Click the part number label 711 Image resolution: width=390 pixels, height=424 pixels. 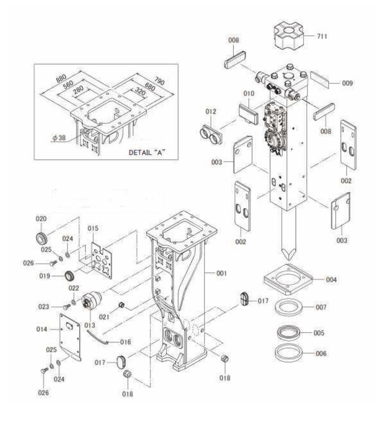[322, 36]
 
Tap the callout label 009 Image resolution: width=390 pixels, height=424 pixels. [347, 83]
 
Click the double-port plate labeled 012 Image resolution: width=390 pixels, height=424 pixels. [211, 134]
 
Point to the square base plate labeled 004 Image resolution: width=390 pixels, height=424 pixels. [288, 280]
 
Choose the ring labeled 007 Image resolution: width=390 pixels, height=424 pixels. [288, 307]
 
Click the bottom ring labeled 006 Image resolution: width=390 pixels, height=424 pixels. [288, 353]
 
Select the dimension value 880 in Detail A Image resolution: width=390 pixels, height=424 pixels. [61, 78]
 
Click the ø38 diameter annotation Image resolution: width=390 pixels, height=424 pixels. [59, 138]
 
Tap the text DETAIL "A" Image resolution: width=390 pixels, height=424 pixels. [147, 153]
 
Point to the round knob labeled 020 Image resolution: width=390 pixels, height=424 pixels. [42, 237]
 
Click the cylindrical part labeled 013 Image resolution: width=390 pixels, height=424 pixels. [91, 301]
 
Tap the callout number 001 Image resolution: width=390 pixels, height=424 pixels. [221, 273]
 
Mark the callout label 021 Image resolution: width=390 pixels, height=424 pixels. [104, 317]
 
